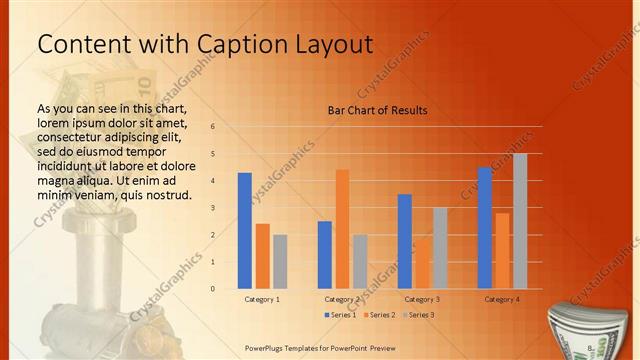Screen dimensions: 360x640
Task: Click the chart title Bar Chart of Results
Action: [x=378, y=110]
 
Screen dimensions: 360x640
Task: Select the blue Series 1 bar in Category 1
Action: [x=244, y=231]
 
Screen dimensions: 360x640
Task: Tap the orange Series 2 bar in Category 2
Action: [x=342, y=229]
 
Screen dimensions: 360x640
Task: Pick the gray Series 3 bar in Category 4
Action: [x=520, y=221]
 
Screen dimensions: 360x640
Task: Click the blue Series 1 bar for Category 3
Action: [x=404, y=241]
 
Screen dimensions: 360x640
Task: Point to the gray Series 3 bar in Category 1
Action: [x=280, y=261]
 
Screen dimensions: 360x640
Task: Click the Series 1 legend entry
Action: [x=341, y=315]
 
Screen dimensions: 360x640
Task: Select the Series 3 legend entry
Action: [x=419, y=315]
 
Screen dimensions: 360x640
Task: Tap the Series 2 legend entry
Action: [x=380, y=315]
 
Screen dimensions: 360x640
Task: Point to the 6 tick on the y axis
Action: [x=212, y=126]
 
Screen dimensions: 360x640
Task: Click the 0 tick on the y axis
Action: [x=212, y=289]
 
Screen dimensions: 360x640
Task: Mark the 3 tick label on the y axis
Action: [x=212, y=208]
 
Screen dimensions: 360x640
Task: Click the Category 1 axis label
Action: [x=262, y=299]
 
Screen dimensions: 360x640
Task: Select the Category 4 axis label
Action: [x=502, y=299]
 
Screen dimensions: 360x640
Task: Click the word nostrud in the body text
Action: [x=166, y=194]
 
